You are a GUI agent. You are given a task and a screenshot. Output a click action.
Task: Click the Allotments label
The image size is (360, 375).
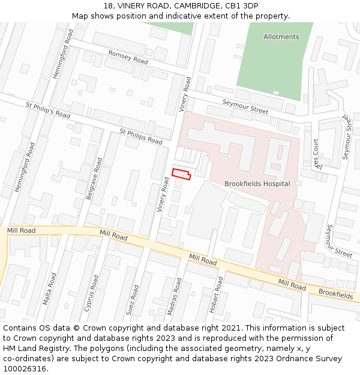coord(281,37)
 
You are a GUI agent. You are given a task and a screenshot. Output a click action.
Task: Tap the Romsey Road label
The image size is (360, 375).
coord(128,57)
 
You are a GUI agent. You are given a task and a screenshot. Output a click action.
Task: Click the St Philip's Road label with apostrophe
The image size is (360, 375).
coord(48,113)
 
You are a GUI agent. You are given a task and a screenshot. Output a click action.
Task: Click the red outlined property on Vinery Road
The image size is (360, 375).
coord(181,174)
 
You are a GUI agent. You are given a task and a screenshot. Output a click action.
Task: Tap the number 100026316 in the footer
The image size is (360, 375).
coord(25,368)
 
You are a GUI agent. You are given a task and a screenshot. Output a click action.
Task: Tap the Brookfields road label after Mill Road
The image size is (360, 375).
coord(335,295)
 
